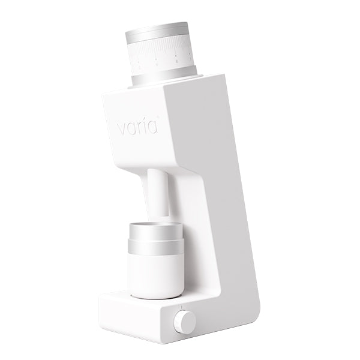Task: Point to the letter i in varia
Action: [146, 127]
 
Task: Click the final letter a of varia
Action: [154, 128]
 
